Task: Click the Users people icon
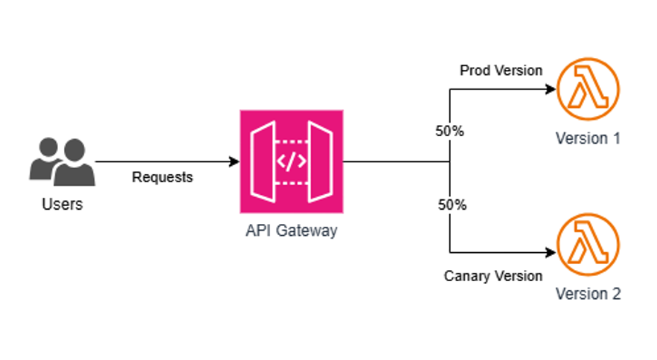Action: (x=63, y=161)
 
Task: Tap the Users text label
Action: (x=63, y=204)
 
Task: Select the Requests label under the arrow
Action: (x=162, y=177)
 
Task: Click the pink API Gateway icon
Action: (x=291, y=161)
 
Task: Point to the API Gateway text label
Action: (x=291, y=230)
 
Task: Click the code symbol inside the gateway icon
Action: (x=291, y=161)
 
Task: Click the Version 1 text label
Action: (x=588, y=138)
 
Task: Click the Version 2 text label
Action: (x=588, y=294)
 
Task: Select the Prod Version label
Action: (x=501, y=71)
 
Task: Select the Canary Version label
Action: (x=493, y=276)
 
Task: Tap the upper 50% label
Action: (x=449, y=131)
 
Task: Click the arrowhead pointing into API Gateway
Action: (x=234, y=161)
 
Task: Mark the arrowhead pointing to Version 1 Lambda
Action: (x=551, y=90)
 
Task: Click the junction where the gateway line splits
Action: (x=450, y=161)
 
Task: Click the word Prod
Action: (x=474, y=71)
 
